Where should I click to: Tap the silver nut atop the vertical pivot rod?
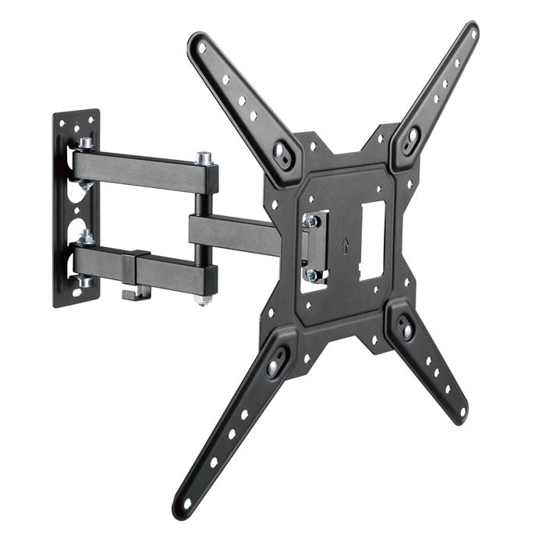(x=204, y=158)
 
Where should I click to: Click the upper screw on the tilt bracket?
(x=310, y=222)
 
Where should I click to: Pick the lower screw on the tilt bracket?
(x=311, y=274)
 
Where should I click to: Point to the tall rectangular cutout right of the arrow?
(x=373, y=240)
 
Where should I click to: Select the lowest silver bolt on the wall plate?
(x=83, y=280)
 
